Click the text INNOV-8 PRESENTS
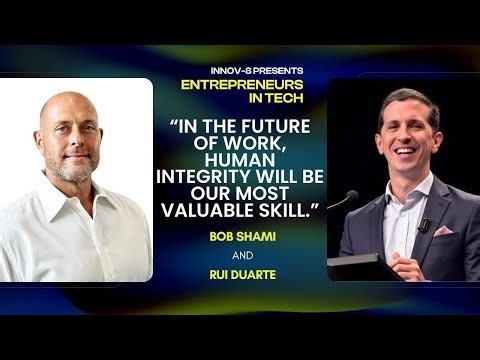[x=241, y=70]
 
